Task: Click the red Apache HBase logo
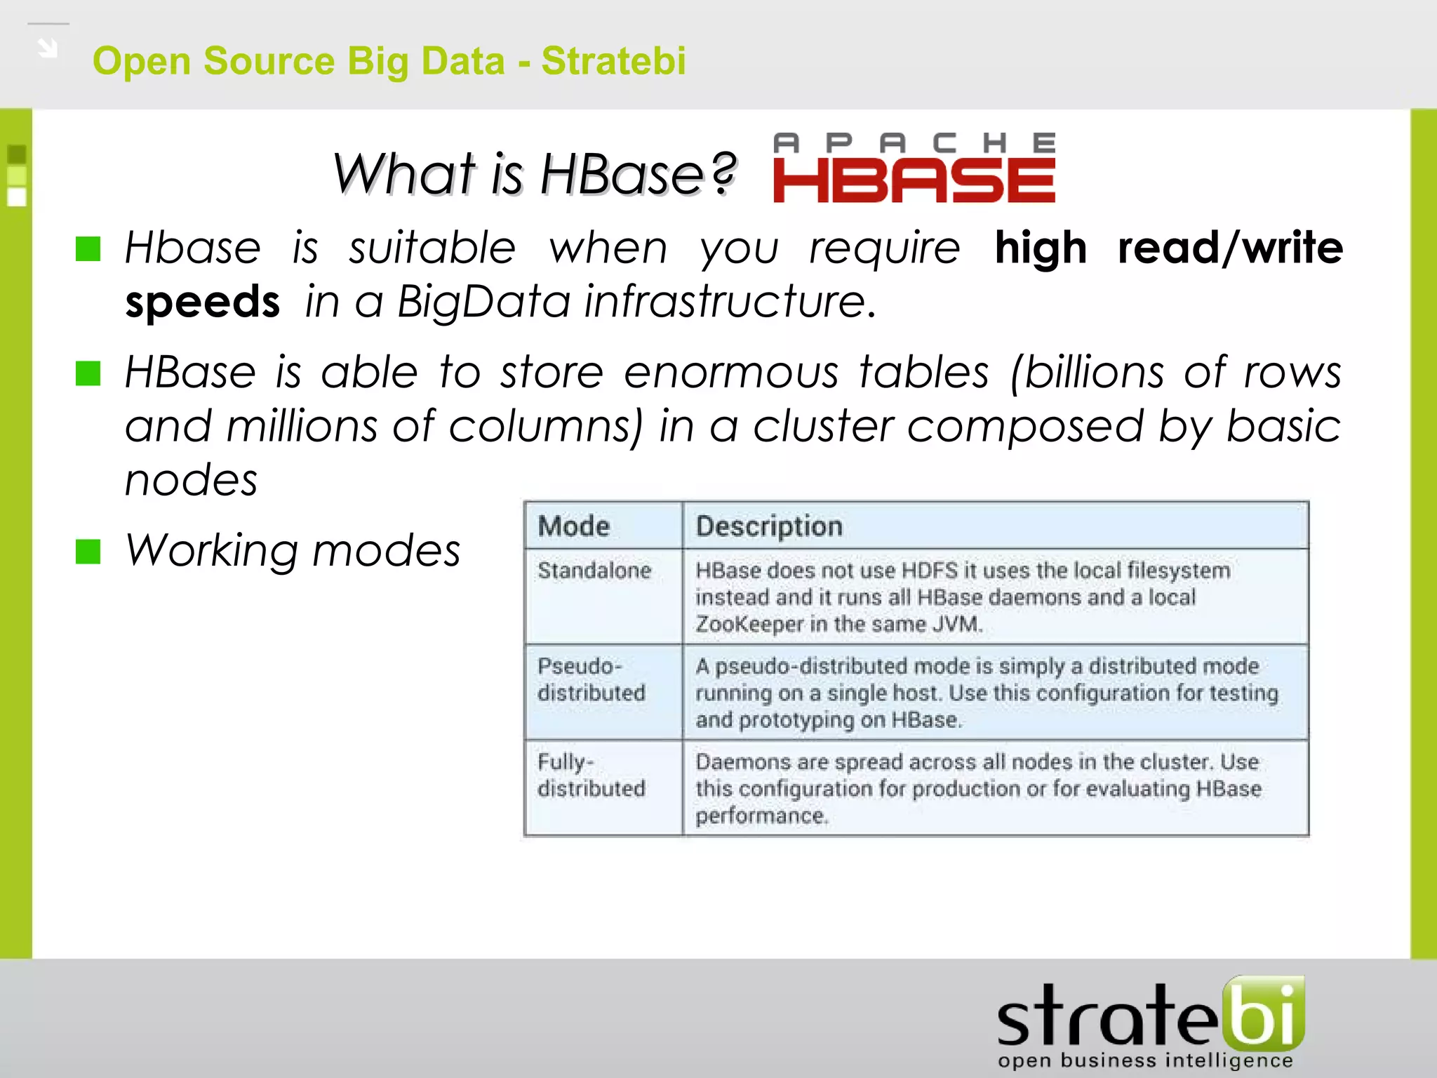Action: click(x=914, y=168)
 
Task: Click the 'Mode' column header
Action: click(x=573, y=526)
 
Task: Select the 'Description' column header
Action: click(x=769, y=526)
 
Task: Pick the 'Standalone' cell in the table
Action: click(x=594, y=571)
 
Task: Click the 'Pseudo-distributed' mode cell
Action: click(x=591, y=679)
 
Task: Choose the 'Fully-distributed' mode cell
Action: click(x=591, y=775)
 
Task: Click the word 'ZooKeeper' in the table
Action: click(x=749, y=624)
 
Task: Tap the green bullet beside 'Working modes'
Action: click(x=88, y=552)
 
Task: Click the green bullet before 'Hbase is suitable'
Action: click(x=88, y=248)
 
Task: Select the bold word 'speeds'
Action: click(x=202, y=302)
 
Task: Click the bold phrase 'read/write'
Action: click(x=1230, y=248)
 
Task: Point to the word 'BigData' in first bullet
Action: click(x=483, y=302)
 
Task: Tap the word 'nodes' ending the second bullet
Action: click(x=191, y=481)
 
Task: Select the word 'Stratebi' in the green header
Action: click(x=613, y=60)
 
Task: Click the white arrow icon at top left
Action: click(x=48, y=48)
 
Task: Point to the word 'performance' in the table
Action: click(x=761, y=816)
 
